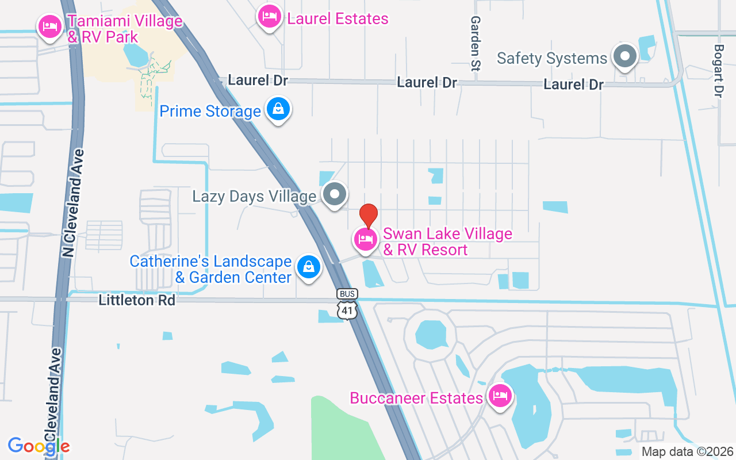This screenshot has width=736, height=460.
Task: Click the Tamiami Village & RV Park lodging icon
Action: coord(50,26)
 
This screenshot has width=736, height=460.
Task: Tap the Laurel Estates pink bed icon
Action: coord(269,16)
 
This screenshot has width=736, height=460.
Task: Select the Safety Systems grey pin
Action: coord(624,56)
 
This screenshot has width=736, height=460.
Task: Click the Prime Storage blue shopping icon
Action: coord(278,109)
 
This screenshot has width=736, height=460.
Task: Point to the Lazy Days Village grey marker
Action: coord(334,194)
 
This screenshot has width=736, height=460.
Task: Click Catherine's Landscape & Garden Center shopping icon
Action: coord(309,267)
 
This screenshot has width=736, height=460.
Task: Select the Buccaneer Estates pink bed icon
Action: coord(500,396)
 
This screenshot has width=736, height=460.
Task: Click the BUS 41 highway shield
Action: coord(347,304)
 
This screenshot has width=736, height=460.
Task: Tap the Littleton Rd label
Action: coord(137,300)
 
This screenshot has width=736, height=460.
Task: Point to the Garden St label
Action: coord(476,43)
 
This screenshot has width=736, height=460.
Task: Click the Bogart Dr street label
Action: coord(718,71)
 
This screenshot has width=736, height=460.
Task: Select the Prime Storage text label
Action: coord(210,111)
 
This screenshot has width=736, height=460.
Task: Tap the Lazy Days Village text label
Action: coord(254,197)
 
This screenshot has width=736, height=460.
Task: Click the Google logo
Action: coord(39,446)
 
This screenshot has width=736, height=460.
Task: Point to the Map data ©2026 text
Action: coord(688,452)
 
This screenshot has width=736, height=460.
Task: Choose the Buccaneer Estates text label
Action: coord(416,398)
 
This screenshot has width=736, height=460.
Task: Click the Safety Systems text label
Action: coord(552,58)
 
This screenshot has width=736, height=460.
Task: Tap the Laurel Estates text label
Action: coord(338,19)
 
